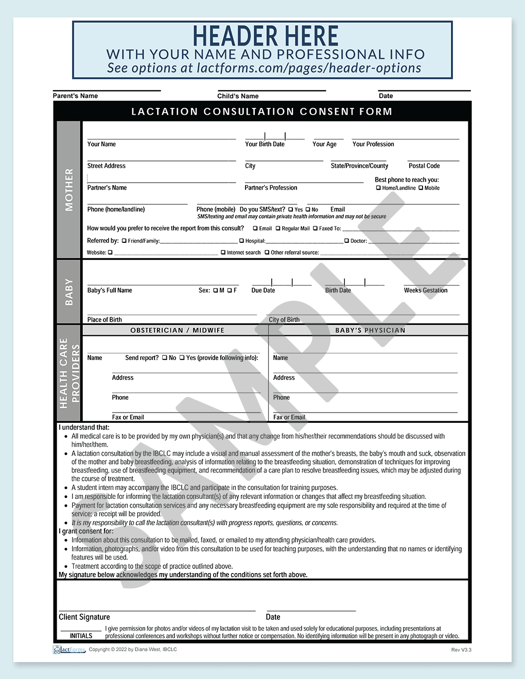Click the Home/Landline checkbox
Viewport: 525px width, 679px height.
[x=378, y=188]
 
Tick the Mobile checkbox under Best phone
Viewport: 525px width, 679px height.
[x=421, y=188]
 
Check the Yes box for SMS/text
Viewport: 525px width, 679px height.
[x=291, y=210]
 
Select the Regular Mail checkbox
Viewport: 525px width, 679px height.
[x=278, y=228]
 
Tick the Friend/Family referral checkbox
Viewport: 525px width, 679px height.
[x=124, y=241]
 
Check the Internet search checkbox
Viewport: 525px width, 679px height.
[x=223, y=253]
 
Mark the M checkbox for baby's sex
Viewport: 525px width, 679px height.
[x=216, y=291]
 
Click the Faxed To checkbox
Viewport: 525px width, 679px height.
[x=316, y=228]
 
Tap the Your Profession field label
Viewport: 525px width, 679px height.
[x=373, y=145]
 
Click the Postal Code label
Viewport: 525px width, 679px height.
[x=424, y=166]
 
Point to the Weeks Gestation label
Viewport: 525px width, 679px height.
[x=426, y=291]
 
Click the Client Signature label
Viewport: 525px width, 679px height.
[x=84, y=617]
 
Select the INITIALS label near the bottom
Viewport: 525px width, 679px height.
[x=81, y=636]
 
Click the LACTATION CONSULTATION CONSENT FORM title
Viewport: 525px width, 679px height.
[x=262, y=112]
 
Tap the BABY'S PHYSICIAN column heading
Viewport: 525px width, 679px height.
[x=370, y=330]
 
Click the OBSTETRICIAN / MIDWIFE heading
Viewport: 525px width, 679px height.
[x=177, y=330]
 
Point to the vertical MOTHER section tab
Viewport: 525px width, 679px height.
[x=69, y=190]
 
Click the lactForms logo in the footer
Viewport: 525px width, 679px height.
[x=69, y=650]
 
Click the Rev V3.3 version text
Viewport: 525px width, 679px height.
[x=461, y=650]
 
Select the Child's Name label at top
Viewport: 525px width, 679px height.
[x=238, y=96]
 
